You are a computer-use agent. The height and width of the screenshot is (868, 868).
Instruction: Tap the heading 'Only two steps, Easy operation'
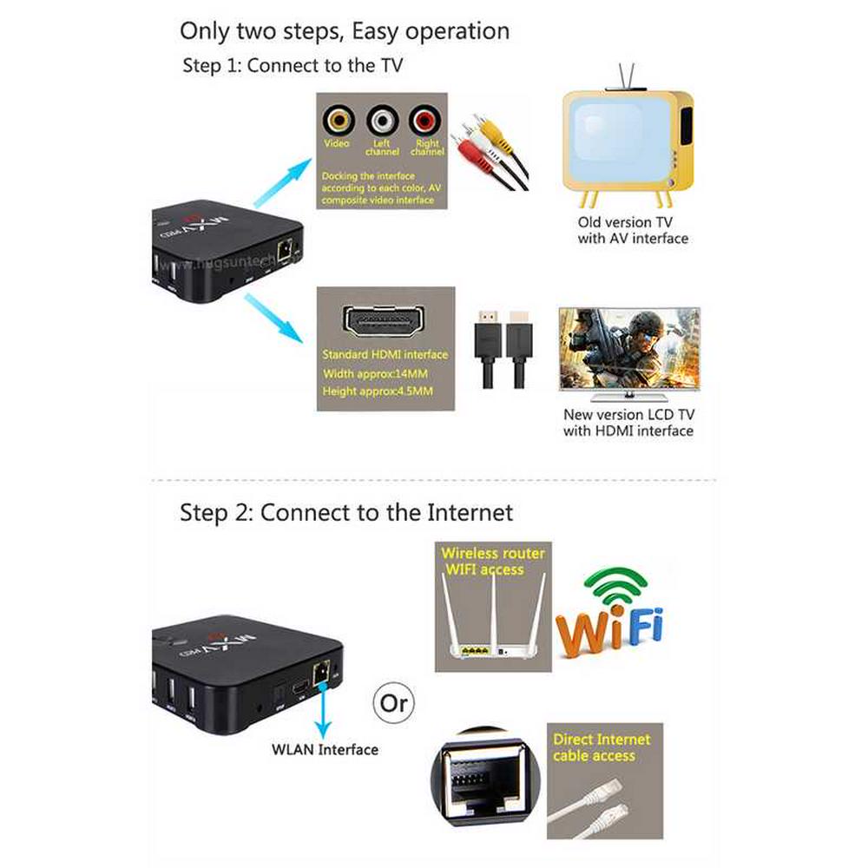pyautogui.click(x=345, y=31)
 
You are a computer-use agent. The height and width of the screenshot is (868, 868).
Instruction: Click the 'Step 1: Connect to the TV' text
pyautogui.click(x=293, y=66)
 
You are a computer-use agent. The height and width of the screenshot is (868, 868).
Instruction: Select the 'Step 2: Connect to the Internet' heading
pyautogui.click(x=346, y=512)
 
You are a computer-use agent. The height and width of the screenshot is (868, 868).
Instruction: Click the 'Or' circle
pyautogui.click(x=393, y=701)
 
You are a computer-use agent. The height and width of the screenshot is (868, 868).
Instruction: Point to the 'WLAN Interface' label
pyautogui.click(x=325, y=749)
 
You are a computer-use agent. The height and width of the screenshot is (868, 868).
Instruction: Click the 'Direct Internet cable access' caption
pyautogui.click(x=602, y=747)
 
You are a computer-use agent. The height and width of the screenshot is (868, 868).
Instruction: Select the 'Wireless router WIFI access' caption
pyautogui.click(x=493, y=561)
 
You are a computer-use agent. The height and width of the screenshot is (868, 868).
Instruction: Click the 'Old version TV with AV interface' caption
pyautogui.click(x=633, y=230)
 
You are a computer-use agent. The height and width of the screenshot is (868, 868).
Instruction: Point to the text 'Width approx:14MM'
pyautogui.click(x=375, y=373)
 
